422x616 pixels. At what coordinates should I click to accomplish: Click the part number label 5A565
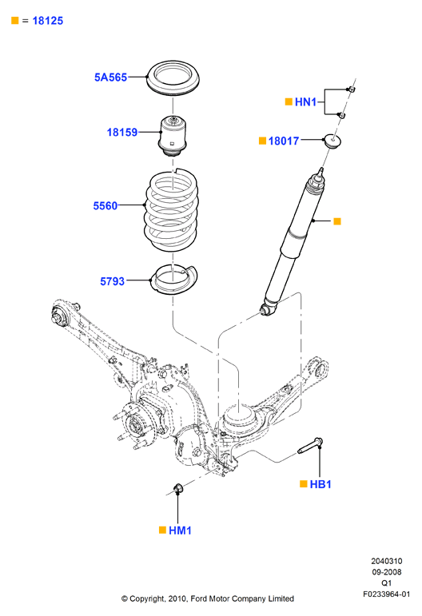coord(110,77)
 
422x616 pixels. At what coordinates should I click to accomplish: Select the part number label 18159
coord(122,133)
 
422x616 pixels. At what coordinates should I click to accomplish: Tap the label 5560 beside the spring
coord(105,206)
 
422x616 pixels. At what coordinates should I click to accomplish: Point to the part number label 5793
coord(113,281)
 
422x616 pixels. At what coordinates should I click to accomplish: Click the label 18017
coord(284,141)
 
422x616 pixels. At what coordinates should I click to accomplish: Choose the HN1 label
coord(305,102)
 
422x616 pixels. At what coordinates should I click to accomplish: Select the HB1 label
coord(320,484)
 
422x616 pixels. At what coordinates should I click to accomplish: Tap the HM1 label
coord(180,531)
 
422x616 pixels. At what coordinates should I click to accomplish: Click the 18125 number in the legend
coord(47,21)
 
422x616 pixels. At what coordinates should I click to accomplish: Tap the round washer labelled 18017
coord(332,141)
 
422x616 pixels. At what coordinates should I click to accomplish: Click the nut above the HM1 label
coord(177,488)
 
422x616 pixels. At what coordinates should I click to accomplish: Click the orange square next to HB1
coord(304,484)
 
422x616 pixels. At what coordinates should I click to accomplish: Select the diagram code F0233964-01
coord(386,594)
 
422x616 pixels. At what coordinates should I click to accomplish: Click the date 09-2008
coord(387,572)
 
